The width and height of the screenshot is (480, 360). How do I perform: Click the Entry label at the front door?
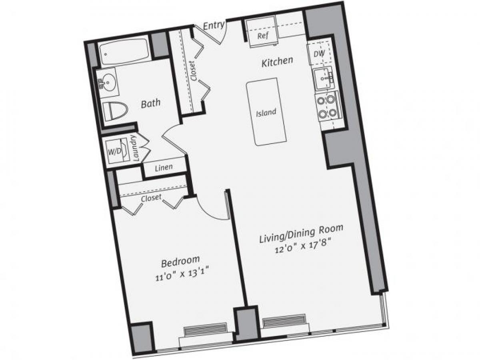(213, 26)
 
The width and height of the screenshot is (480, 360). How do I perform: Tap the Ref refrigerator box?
(262, 35)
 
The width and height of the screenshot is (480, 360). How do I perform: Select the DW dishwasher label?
(319, 54)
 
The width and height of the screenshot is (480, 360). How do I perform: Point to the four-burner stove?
(327, 107)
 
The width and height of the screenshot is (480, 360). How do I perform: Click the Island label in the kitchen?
(266, 112)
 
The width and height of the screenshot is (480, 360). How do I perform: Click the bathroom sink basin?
(107, 82)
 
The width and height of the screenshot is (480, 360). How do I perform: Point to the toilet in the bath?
(114, 111)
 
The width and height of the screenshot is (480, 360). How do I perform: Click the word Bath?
(151, 103)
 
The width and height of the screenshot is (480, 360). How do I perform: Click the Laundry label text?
(136, 148)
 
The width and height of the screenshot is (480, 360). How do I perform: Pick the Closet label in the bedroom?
(151, 198)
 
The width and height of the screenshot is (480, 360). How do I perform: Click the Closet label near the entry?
(194, 71)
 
